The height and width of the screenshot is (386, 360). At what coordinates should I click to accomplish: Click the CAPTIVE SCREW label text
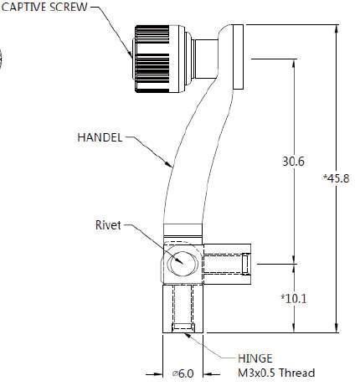(x=44, y=7)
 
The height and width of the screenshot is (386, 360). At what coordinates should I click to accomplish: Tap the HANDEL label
(x=100, y=137)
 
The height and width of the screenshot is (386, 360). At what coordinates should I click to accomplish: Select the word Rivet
(x=108, y=225)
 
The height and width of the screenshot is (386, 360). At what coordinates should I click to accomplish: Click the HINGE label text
(x=255, y=358)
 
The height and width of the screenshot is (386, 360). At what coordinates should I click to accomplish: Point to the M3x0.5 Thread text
(x=276, y=373)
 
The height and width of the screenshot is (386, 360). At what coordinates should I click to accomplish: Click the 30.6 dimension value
(x=293, y=162)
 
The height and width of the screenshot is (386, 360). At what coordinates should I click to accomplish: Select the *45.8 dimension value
(x=336, y=178)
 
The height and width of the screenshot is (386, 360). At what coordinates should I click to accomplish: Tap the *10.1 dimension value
(x=294, y=299)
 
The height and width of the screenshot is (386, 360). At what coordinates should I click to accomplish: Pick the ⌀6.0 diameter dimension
(x=183, y=373)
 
